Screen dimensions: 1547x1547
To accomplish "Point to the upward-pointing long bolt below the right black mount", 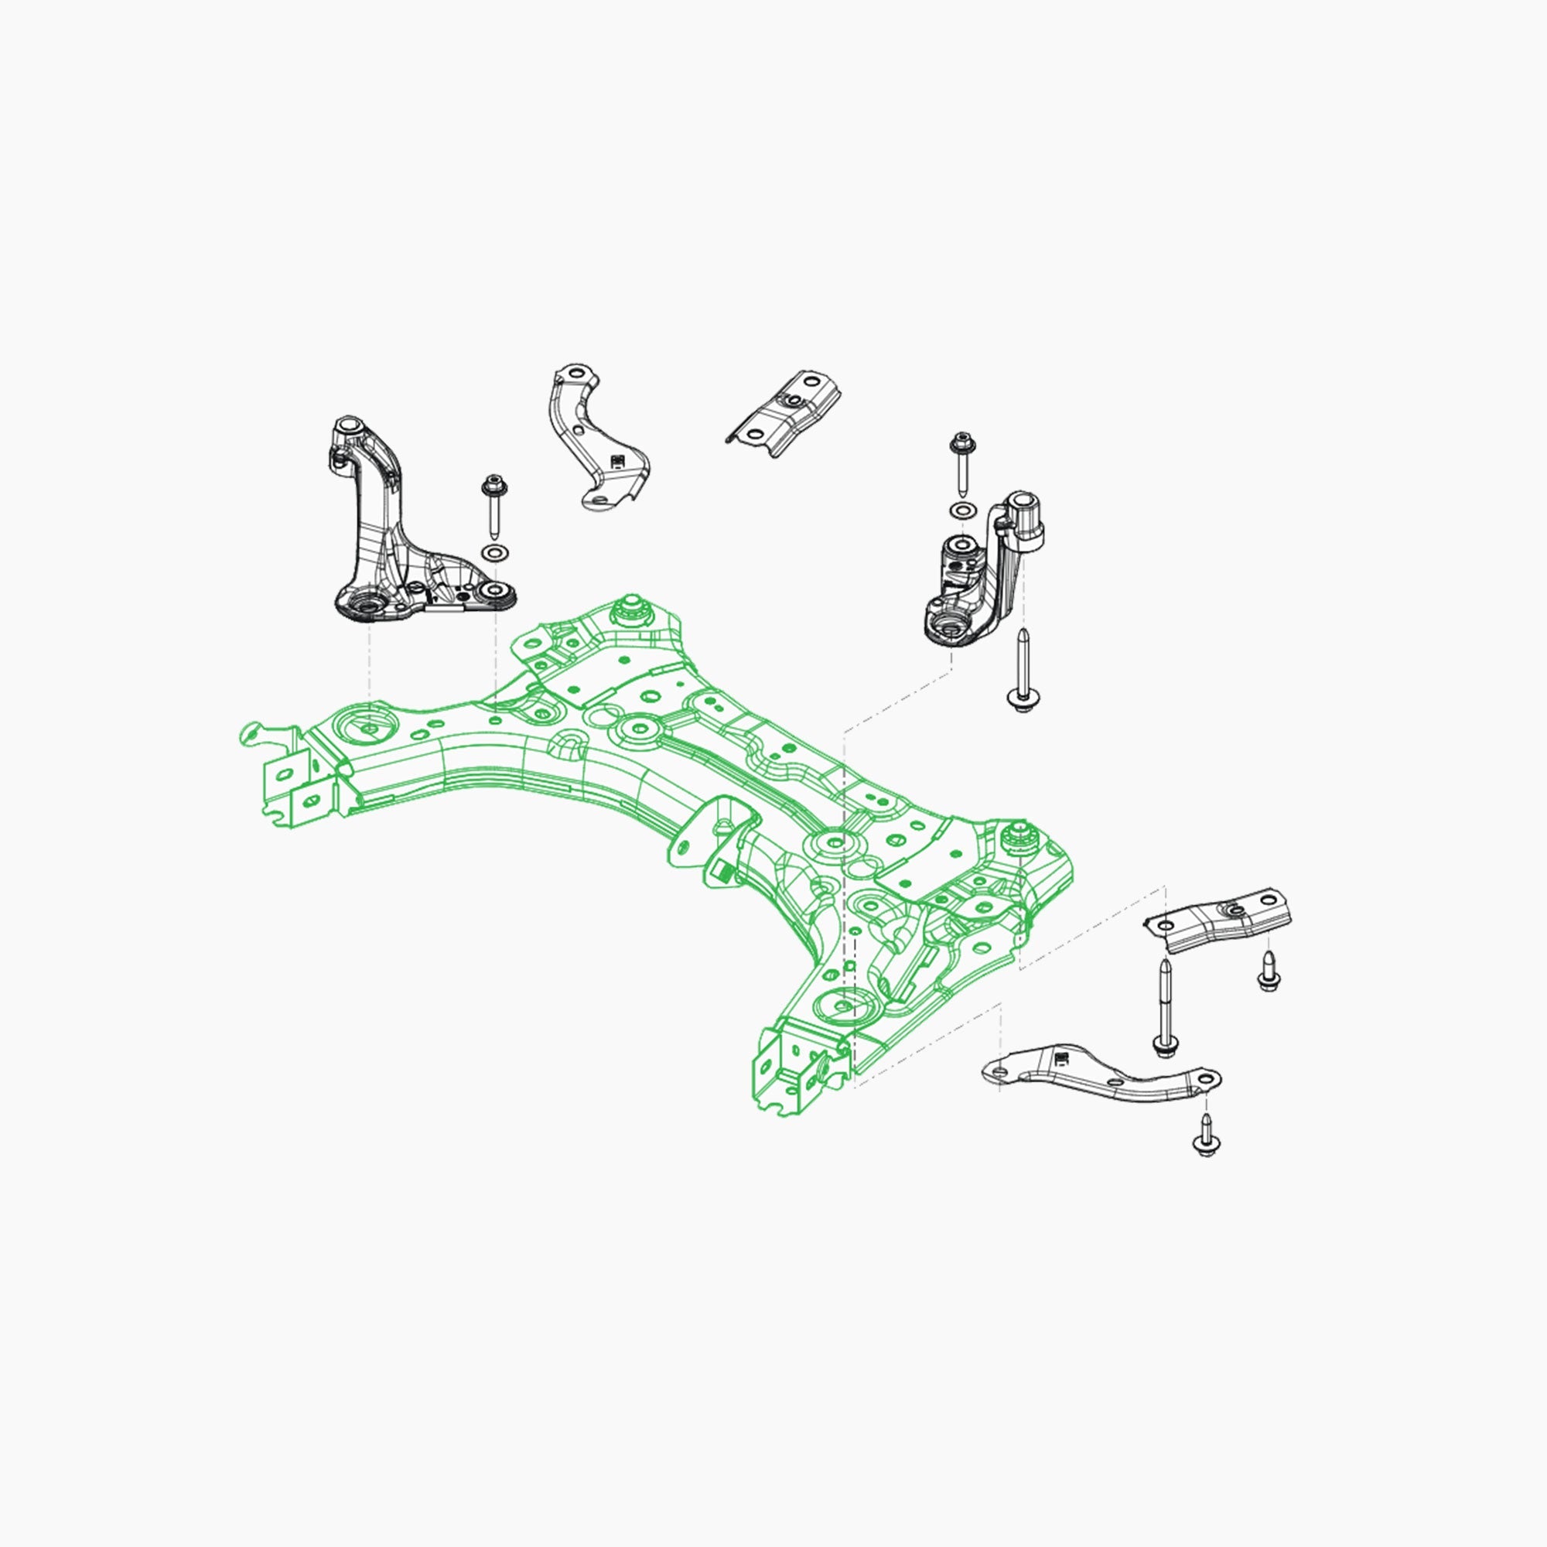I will click(x=1022, y=673).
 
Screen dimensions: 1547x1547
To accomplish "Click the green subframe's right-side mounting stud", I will click(x=1019, y=838).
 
